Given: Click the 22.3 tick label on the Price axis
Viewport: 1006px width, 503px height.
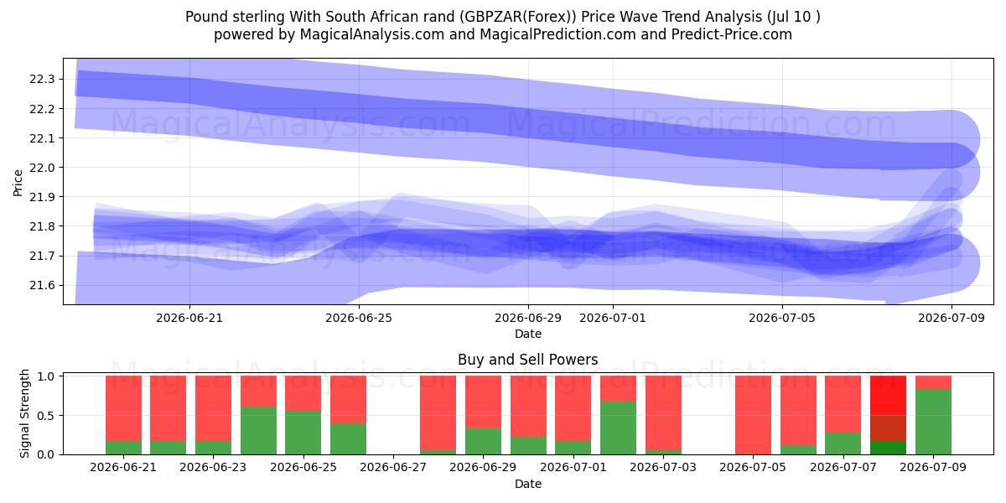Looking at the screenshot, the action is pyautogui.click(x=42, y=80).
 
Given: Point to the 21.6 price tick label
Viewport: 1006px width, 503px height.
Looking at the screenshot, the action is pyautogui.click(x=42, y=286).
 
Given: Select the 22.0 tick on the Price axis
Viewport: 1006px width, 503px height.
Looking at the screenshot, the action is pyautogui.click(x=42, y=168).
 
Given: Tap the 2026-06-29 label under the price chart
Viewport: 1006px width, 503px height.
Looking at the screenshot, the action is pyautogui.click(x=528, y=318).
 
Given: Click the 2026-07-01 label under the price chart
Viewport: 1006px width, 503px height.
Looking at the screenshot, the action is pyautogui.click(x=613, y=318).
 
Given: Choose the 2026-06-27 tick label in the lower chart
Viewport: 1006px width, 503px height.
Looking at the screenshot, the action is pyautogui.click(x=393, y=467).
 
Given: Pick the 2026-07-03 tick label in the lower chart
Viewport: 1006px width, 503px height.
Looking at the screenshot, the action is pyautogui.click(x=663, y=467).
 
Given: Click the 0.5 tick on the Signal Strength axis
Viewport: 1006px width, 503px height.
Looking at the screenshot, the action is pyautogui.click(x=46, y=416).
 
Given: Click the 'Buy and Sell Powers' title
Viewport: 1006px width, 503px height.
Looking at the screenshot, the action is pyautogui.click(x=527, y=360).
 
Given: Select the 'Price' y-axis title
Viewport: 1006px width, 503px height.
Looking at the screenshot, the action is pyautogui.click(x=18, y=183).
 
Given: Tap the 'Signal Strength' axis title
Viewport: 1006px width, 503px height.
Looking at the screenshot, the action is pyautogui.click(x=24, y=413).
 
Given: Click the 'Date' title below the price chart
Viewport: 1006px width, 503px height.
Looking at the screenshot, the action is pyautogui.click(x=528, y=334).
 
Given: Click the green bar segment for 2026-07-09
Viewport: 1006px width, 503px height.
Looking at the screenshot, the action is pyautogui.click(x=933, y=422).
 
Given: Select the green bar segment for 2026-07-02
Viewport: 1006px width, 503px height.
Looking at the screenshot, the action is pyautogui.click(x=618, y=428).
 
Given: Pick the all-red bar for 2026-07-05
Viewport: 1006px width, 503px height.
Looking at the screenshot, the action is pyautogui.click(x=753, y=415).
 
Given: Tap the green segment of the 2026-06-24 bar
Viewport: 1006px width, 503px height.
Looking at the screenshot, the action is pyautogui.click(x=258, y=431).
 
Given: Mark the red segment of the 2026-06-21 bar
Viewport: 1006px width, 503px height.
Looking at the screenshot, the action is pyautogui.click(x=123, y=408).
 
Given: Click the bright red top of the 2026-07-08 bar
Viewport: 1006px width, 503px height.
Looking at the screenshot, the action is pyautogui.click(x=888, y=395).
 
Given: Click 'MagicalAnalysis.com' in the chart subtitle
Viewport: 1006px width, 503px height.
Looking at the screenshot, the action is pyautogui.click(x=372, y=34).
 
